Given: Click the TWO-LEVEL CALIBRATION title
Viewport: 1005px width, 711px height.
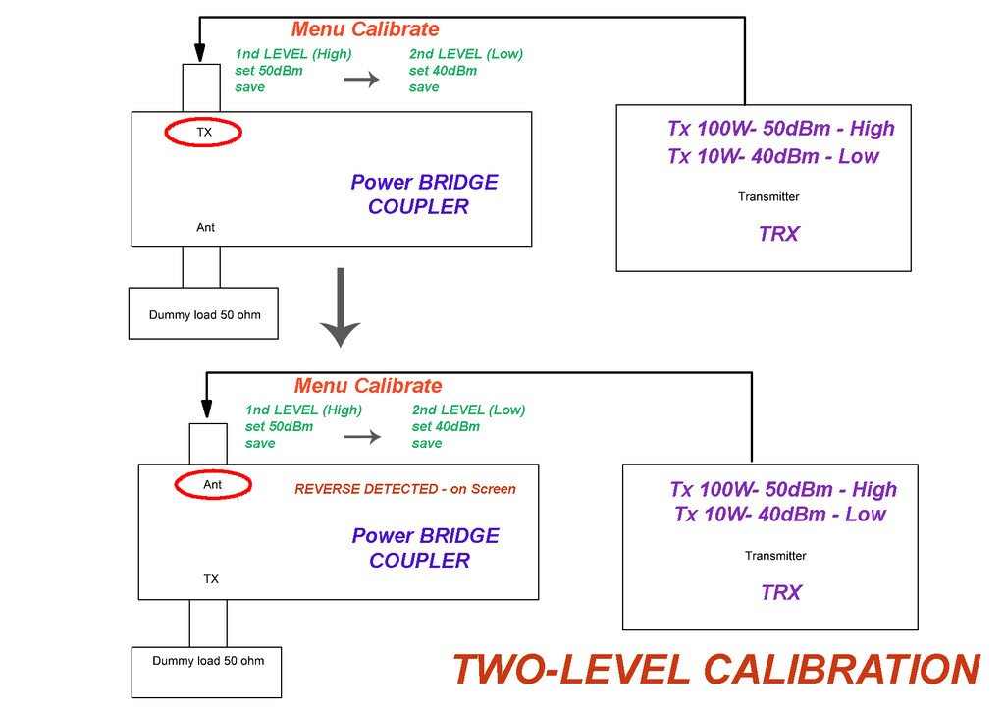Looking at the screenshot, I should [x=715, y=670].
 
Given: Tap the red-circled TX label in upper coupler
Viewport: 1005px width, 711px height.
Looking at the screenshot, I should [x=203, y=132].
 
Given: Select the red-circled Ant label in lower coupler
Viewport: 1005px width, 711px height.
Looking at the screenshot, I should [x=212, y=484].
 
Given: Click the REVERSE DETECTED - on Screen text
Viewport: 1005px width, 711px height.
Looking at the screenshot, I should [x=405, y=489].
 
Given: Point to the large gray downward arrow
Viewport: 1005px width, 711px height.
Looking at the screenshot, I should [x=341, y=306].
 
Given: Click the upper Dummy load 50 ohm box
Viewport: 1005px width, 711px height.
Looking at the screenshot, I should [x=204, y=314].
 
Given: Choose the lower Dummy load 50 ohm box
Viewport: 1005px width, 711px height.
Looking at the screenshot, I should [x=207, y=661].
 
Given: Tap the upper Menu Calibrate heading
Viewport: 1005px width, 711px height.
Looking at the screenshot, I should [x=365, y=29].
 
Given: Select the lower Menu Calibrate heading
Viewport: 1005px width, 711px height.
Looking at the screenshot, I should [x=368, y=386].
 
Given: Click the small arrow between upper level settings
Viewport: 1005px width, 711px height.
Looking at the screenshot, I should [x=361, y=80].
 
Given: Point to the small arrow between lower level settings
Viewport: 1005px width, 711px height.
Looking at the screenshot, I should [x=362, y=436].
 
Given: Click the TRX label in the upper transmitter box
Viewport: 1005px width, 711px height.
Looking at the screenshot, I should [x=778, y=234].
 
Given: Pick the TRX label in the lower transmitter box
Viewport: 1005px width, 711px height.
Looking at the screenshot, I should [x=781, y=592].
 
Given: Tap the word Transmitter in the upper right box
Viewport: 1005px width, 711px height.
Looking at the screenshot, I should [x=768, y=196].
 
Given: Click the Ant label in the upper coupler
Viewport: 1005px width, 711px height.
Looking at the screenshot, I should [x=205, y=227].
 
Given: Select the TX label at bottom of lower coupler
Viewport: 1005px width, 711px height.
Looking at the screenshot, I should [x=211, y=579].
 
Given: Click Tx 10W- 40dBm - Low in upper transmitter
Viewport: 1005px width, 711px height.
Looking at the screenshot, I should [x=773, y=156].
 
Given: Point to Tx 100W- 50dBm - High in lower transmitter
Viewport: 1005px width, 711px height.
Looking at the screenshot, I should [x=783, y=489].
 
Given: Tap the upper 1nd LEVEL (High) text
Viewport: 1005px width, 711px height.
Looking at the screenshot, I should [x=293, y=54].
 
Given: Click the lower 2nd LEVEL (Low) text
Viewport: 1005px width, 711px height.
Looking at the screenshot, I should [x=468, y=410].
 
